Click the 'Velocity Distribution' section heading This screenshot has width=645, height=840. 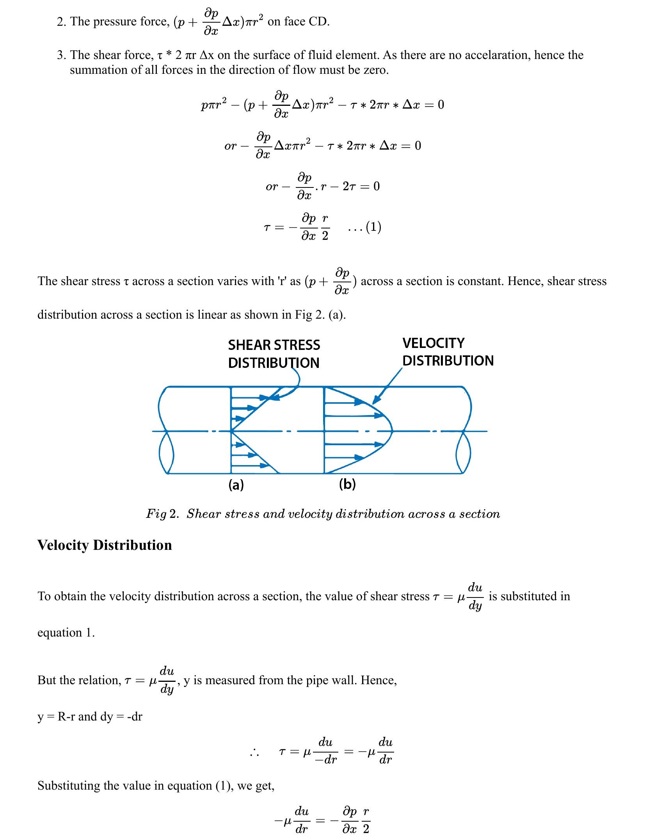(x=105, y=545)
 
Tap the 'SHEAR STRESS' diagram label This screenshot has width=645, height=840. (x=274, y=345)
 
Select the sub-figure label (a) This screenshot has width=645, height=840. (x=236, y=485)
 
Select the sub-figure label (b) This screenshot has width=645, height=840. (x=347, y=484)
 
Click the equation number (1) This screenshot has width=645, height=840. (x=373, y=227)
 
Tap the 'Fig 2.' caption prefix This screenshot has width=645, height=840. (x=162, y=514)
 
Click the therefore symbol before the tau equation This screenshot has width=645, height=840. (x=254, y=753)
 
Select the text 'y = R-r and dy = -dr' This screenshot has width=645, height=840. (x=90, y=717)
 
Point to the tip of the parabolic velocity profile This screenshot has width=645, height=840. (x=392, y=431)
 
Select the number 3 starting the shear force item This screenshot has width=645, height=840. (x=60, y=55)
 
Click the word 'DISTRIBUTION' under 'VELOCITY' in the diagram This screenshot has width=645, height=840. (x=448, y=361)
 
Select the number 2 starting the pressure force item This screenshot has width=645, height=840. (x=60, y=22)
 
